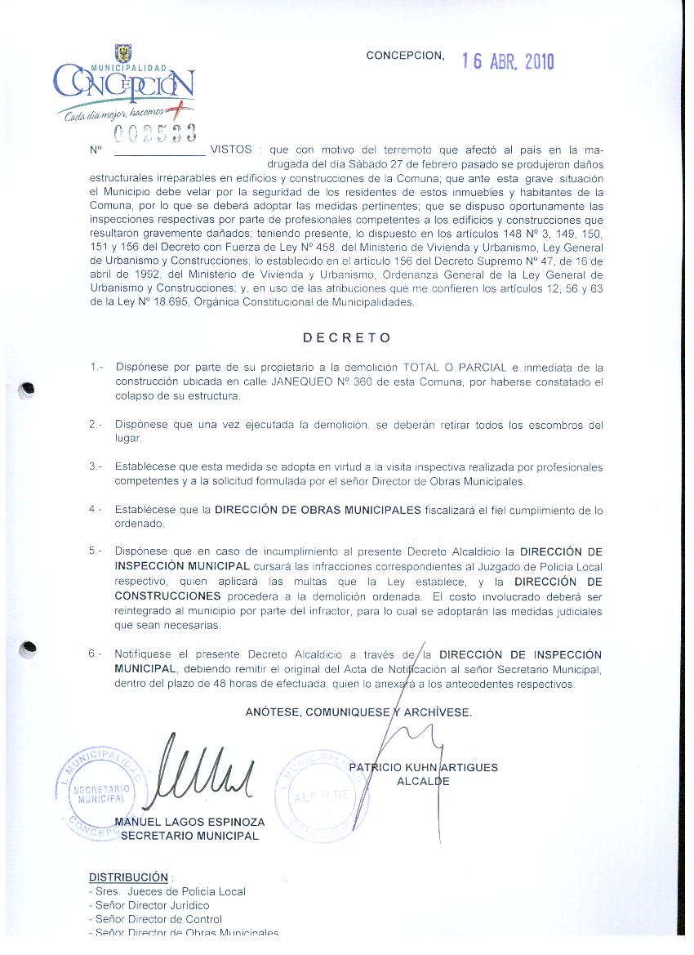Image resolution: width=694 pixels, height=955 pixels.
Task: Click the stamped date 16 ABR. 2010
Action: [508, 62]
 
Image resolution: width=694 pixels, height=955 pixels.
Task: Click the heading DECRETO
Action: [347, 337]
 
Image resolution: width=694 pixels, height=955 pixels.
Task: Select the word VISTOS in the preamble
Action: [231, 150]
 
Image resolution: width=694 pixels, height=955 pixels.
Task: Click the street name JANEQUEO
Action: [291, 382]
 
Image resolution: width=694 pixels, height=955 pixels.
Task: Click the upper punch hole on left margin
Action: [28, 390]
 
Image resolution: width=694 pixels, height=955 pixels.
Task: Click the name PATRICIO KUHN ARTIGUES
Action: [423, 767]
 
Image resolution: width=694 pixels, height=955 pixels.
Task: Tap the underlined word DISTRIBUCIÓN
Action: [128, 877]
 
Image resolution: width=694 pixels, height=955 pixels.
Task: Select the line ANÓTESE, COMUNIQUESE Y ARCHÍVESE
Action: [358, 712]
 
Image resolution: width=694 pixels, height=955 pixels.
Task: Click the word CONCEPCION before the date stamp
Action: [405, 56]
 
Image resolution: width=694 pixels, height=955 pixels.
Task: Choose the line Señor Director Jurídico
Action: [152, 905]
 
